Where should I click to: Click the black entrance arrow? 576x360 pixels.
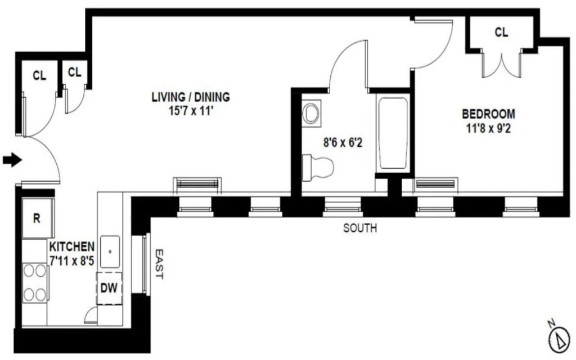click(x=12, y=160)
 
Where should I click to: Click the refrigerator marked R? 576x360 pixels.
click(x=38, y=218)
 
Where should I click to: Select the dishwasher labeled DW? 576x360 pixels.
click(x=109, y=288)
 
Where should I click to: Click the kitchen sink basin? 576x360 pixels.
click(x=110, y=251)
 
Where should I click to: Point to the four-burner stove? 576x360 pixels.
click(x=35, y=282)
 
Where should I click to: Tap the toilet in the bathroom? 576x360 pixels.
click(x=318, y=168)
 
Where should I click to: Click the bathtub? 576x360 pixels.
click(x=393, y=133)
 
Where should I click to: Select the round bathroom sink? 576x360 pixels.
click(x=312, y=113)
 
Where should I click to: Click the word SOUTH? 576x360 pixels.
click(x=360, y=228)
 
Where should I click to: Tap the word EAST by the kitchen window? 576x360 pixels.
click(x=159, y=264)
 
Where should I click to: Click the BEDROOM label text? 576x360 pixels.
click(x=488, y=114)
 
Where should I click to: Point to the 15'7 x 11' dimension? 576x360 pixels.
click(x=191, y=111)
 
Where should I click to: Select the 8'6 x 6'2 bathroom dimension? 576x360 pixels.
click(x=343, y=142)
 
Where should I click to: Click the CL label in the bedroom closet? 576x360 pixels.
click(x=501, y=32)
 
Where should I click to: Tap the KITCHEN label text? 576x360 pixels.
click(x=72, y=246)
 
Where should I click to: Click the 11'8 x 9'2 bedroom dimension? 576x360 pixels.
click(x=489, y=129)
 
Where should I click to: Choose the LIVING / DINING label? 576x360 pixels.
click(x=191, y=97)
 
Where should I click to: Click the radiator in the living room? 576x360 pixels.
click(x=197, y=184)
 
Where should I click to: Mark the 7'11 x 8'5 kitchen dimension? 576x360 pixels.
click(x=72, y=261)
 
